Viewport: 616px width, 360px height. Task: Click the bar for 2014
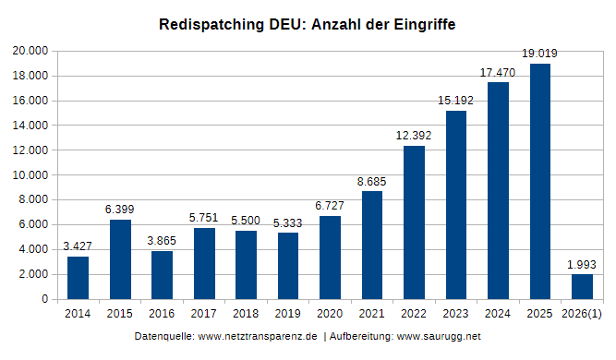click(x=78, y=278)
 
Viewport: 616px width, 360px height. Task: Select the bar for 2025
click(x=539, y=181)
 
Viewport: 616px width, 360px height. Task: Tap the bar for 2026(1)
click(x=582, y=287)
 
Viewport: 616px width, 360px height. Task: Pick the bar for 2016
click(x=162, y=275)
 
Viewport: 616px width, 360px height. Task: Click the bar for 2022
click(x=414, y=222)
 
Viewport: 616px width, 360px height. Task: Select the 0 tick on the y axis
click(x=42, y=299)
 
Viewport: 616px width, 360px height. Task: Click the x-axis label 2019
click(x=287, y=315)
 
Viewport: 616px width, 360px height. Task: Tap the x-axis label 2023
click(x=455, y=315)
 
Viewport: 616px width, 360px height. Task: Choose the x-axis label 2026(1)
click(x=582, y=315)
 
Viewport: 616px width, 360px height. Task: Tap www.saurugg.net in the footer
click(x=439, y=337)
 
